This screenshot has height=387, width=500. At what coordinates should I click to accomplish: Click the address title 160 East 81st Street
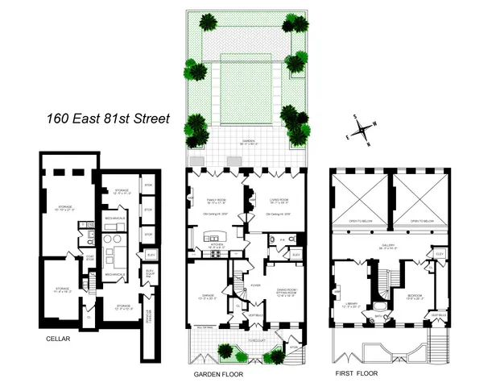pyautogui.click(x=107, y=119)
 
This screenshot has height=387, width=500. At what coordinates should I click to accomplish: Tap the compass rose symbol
pyautogui.click(x=363, y=128)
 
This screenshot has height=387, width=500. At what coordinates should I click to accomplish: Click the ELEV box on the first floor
pyautogui.click(x=440, y=254)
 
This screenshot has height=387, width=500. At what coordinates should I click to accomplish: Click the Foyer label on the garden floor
pyautogui.click(x=254, y=285)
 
